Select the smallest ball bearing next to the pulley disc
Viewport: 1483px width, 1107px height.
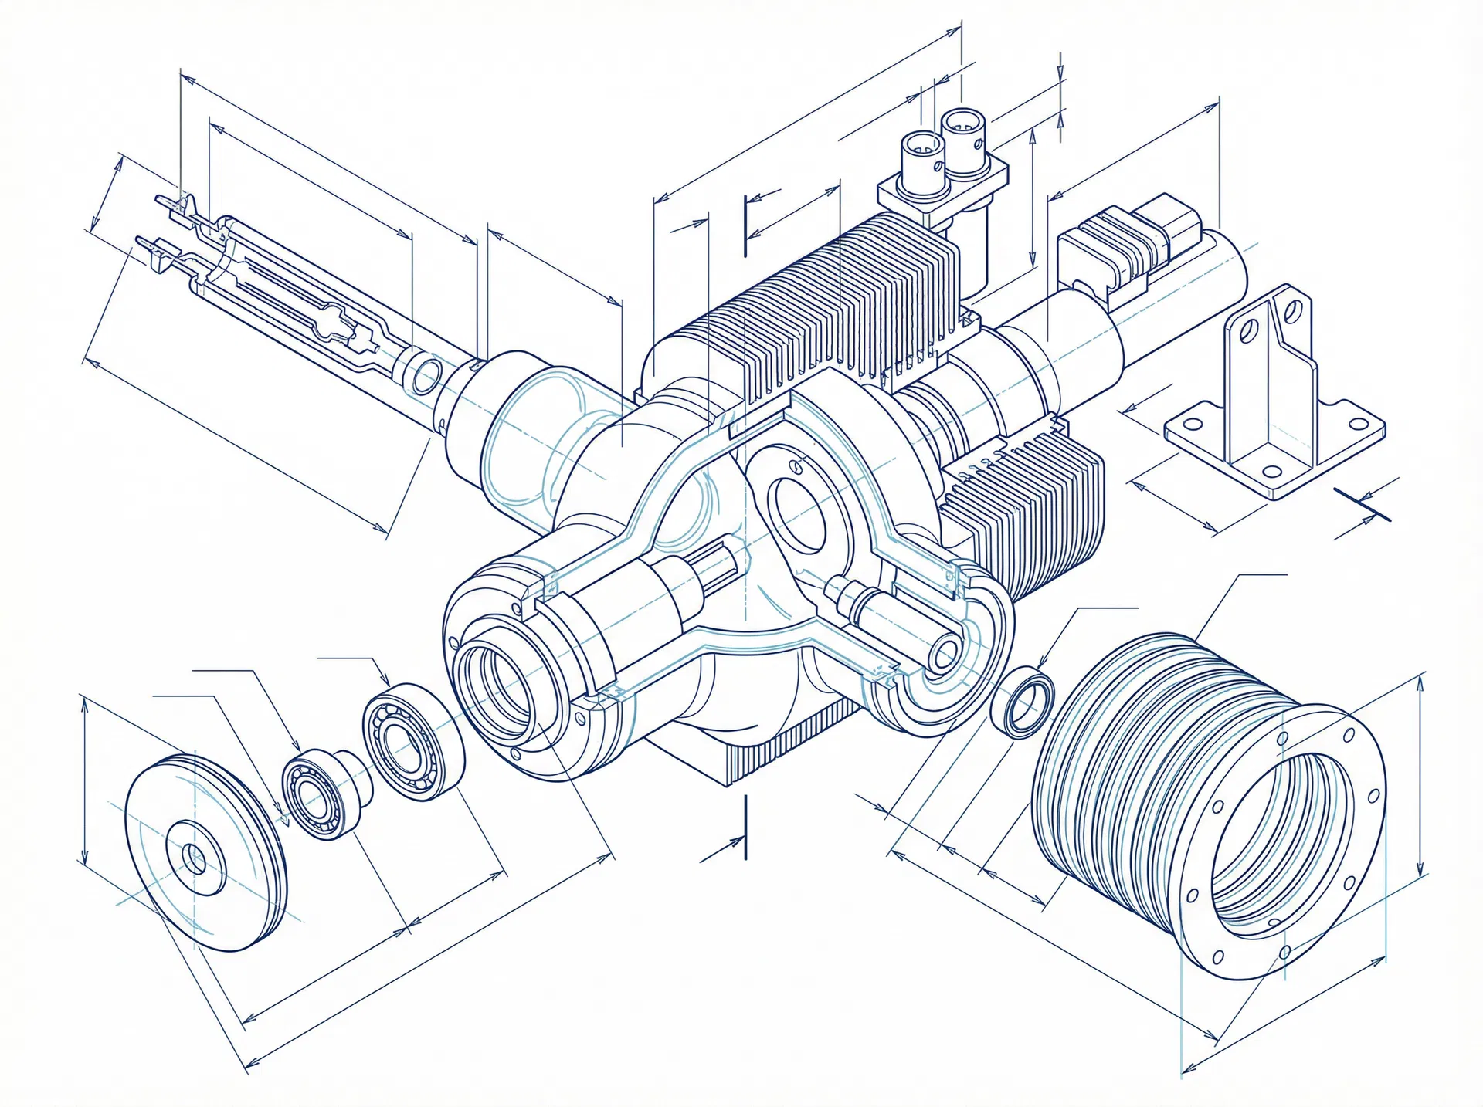(326, 794)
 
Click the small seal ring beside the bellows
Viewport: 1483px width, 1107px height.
(1022, 700)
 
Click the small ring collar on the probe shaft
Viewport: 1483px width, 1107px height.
(422, 375)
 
